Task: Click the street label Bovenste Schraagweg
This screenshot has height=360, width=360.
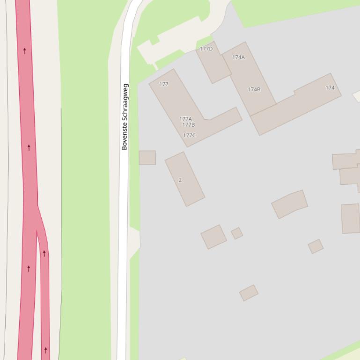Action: (125, 117)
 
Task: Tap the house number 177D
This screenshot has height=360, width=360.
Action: (206, 49)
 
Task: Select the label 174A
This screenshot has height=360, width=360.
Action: (238, 57)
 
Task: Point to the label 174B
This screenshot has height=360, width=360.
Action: (254, 89)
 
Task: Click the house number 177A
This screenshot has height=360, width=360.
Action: (185, 119)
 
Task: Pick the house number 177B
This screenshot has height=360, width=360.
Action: (188, 125)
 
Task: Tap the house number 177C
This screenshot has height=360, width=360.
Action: (189, 136)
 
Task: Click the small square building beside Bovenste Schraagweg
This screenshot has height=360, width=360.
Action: (147, 158)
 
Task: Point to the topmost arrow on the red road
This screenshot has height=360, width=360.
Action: (25, 50)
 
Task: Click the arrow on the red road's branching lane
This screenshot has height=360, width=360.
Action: (44, 253)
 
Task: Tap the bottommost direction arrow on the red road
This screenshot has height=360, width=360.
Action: (46, 349)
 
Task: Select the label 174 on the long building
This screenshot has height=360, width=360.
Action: (330, 87)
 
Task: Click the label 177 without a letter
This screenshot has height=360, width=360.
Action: (164, 84)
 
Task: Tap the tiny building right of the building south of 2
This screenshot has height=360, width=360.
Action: (237, 233)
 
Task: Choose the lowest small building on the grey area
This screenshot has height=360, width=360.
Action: (249, 293)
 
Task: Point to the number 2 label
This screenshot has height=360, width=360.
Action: (180, 180)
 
